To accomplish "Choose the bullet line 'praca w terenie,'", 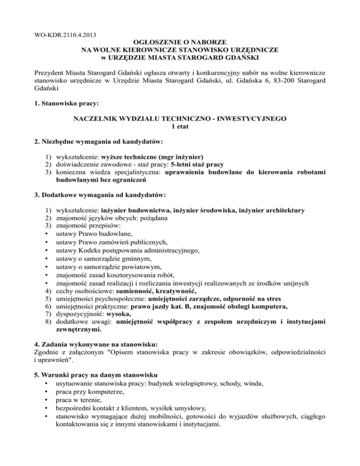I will click(x=78, y=399).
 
